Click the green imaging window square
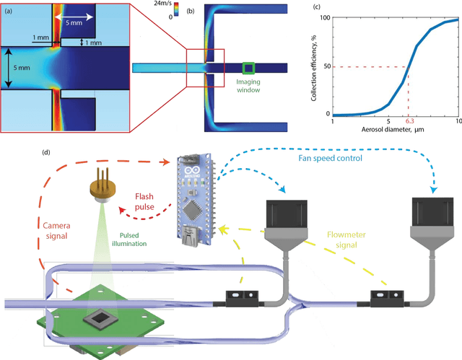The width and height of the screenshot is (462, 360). coord(248,68)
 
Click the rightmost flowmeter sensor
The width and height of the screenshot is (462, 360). coord(385,295)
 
